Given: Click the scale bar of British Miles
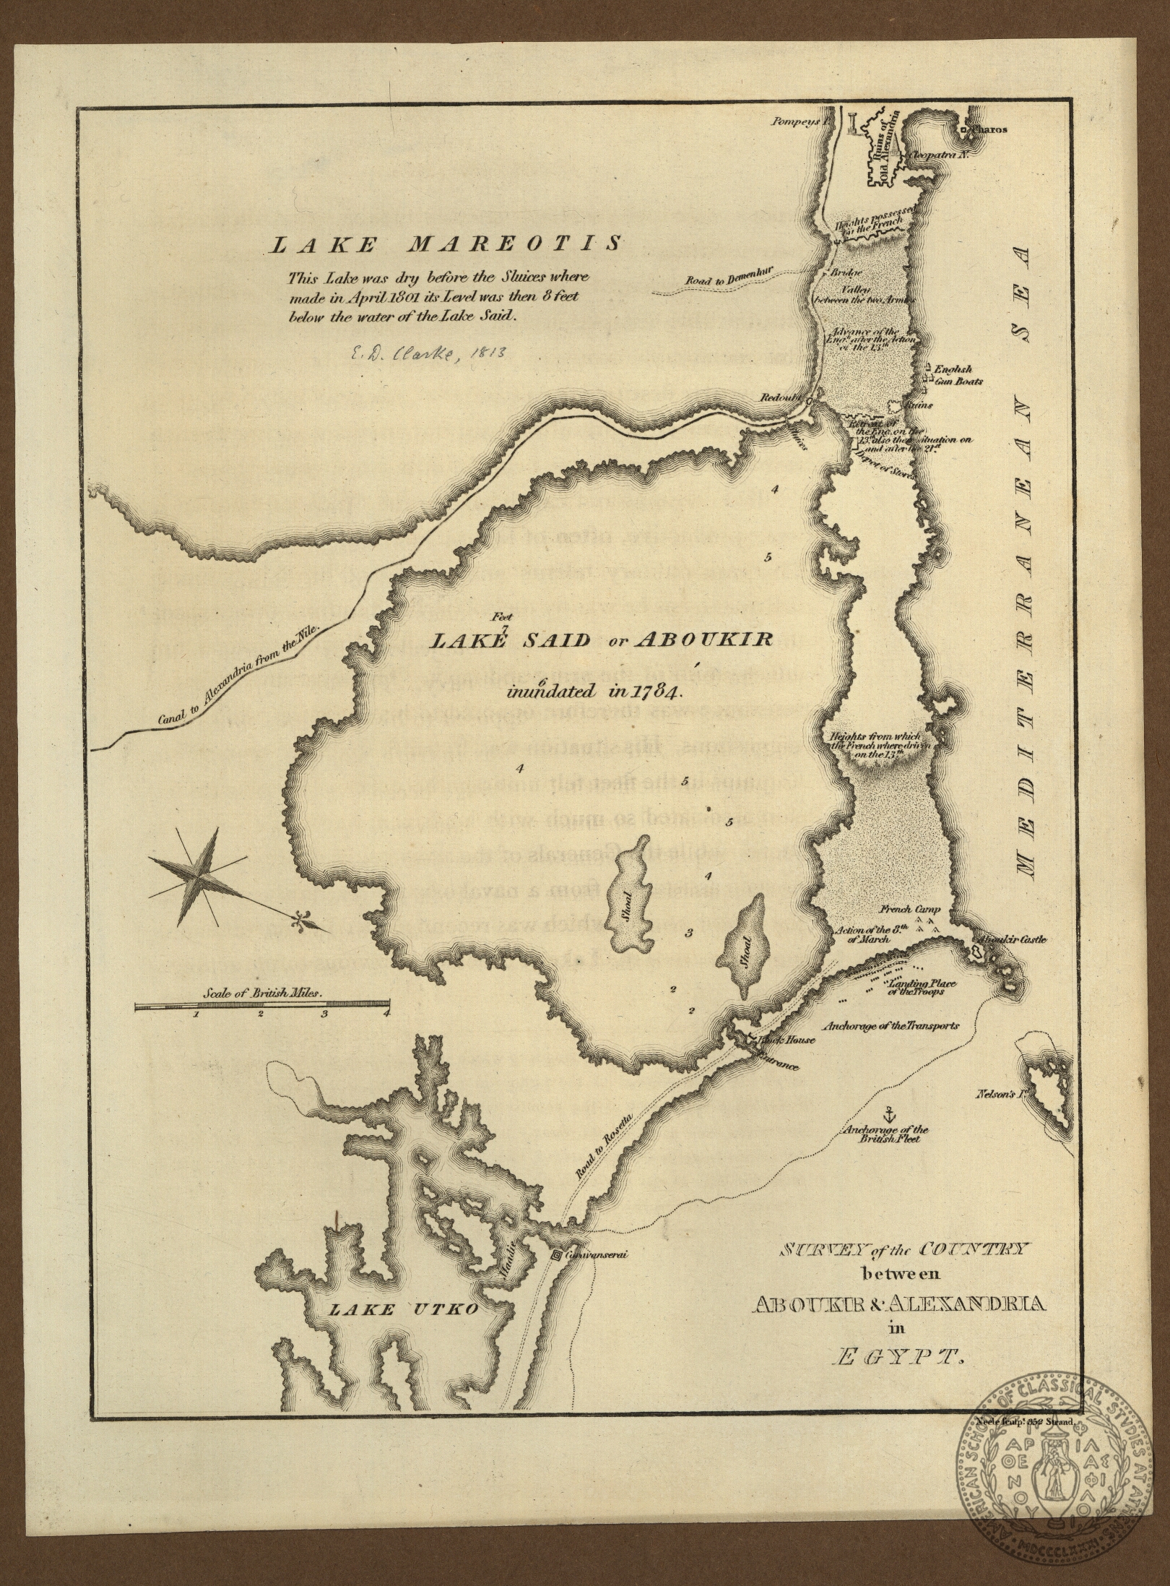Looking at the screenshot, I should pyautogui.click(x=262, y=1004).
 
